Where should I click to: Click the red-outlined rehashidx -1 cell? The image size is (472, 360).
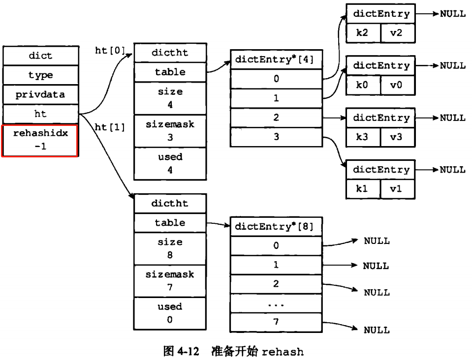pos(40,140)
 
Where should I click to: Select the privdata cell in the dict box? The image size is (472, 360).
pos(40,94)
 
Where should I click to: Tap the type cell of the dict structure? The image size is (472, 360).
pos(40,75)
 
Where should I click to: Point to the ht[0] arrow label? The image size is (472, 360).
pos(109,50)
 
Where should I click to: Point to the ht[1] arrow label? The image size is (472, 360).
pos(109,127)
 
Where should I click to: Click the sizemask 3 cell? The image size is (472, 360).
pos(170,131)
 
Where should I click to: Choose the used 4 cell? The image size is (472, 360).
pos(170,163)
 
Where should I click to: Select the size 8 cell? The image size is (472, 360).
pos(170,248)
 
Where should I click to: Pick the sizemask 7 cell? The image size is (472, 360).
pos(170,281)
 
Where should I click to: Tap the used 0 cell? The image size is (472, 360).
pos(170,313)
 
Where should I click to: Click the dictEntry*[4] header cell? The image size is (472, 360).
pos(276,60)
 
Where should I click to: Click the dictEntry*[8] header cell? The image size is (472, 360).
pos(276,227)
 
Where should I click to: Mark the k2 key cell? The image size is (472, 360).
pos(363,33)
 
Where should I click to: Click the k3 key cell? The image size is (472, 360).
pos(363,137)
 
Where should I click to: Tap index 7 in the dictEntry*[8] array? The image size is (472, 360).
pos(276,322)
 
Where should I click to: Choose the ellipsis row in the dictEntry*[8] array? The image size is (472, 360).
pos(276,303)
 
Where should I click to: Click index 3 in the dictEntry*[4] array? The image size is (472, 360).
pos(276,137)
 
